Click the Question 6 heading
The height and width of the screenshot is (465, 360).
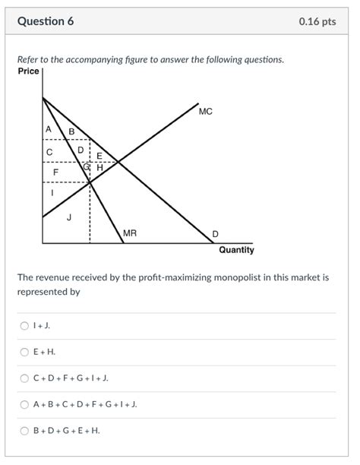pyautogui.click(x=46, y=21)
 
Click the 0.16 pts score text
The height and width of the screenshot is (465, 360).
pyautogui.click(x=317, y=21)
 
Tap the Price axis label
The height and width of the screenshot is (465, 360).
pyautogui.click(x=28, y=71)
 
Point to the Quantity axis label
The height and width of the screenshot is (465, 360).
pyautogui.click(x=236, y=250)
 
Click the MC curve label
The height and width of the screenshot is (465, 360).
pyautogui.click(x=205, y=112)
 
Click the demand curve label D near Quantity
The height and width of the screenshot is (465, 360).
pyautogui.click(x=215, y=233)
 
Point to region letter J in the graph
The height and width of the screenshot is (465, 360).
pyautogui.click(x=69, y=218)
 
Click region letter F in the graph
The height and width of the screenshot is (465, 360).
pyautogui.click(x=55, y=172)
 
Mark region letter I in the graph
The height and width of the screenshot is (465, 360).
pyautogui.click(x=52, y=193)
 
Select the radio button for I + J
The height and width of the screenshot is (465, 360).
pyautogui.click(x=24, y=326)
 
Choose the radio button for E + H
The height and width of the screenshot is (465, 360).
pyautogui.click(x=24, y=352)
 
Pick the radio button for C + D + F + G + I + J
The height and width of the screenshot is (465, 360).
pyautogui.click(x=24, y=378)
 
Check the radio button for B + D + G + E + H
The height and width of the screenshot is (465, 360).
pyautogui.click(x=24, y=430)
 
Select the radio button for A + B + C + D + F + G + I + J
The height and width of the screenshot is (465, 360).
pyautogui.click(x=24, y=404)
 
